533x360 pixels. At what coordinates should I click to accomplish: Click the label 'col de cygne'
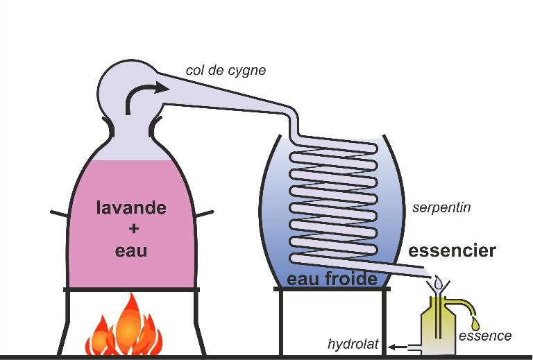tap(226, 71)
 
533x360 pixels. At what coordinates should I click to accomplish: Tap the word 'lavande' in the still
tap(131, 207)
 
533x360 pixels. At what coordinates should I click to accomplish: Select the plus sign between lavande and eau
tap(134, 229)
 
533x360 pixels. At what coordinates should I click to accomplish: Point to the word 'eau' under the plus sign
tap(131, 251)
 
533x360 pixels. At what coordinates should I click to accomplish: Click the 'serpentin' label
tap(441, 207)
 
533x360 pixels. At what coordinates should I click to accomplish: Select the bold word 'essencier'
tap(452, 250)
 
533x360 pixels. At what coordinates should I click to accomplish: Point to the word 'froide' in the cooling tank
tap(351, 278)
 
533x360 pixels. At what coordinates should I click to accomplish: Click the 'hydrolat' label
tap(353, 344)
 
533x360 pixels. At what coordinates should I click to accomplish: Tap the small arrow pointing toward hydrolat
tap(398, 347)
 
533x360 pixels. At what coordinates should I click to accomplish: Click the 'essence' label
tap(485, 336)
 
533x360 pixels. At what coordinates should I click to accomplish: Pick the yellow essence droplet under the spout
tap(475, 324)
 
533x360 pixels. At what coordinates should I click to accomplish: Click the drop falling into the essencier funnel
tap(438, 281)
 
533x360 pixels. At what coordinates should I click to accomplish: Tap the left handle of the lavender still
tap(59, 214)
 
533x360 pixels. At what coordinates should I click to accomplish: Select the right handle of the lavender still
tap(205, 214)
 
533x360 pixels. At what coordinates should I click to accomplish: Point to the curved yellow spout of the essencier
tap(466, 304)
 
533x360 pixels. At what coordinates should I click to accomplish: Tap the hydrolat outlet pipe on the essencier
tap(414, 347)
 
